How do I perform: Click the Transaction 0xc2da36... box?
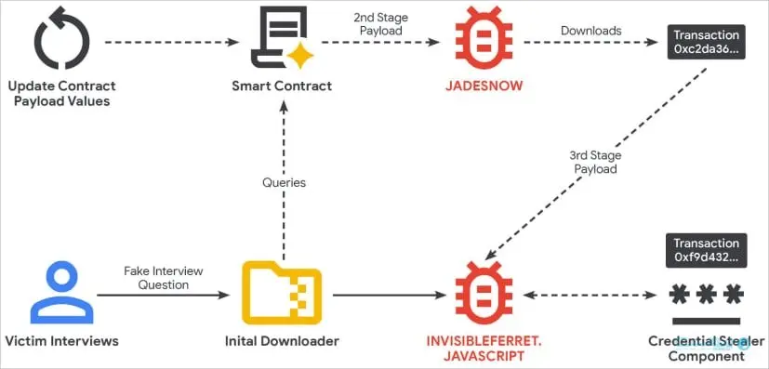coord(706,42)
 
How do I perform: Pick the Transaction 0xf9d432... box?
coord(706,250)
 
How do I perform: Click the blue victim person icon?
coord(61,292)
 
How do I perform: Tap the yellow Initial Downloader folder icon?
coord(282,293)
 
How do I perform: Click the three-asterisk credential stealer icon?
coord(706,295)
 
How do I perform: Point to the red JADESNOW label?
coord(484,86)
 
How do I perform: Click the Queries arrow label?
coord(284,183)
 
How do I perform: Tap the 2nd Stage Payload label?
coord(381,24)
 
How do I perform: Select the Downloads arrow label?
coord(591,31)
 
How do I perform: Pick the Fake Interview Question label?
coord(164,277)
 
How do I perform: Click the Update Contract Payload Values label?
coord(61,93)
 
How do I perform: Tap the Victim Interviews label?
coord(61,340)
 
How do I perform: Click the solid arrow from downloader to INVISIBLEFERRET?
coord(389,295)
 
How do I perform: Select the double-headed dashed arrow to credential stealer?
coord(590,295)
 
